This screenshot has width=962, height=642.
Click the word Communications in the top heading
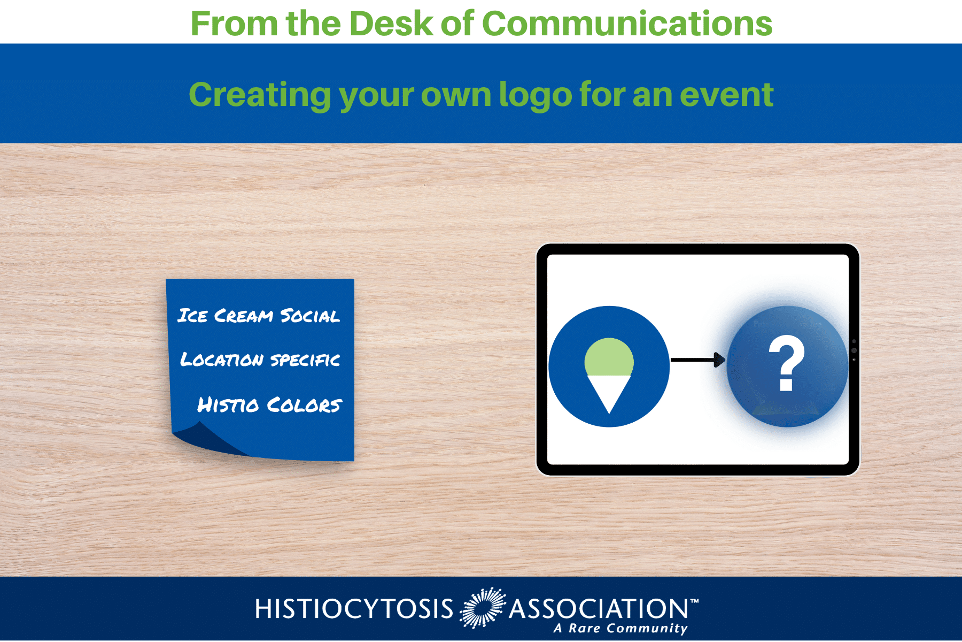[x=627, y=24]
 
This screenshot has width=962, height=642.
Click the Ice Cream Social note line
[x=259, y=316]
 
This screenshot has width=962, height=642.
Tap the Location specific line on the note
[x=260, y=360]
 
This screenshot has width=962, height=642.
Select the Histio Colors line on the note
[x=269, y=405]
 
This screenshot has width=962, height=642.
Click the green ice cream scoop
[x=609, y=357]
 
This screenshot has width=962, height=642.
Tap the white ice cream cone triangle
[x=609, y=391]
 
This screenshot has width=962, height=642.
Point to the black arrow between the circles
[x=698, y=360]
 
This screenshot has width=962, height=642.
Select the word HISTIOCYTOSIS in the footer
[x=354, y=609]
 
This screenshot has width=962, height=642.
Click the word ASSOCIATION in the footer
[x=599, y=609]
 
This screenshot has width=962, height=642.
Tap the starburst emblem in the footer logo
[x=483, y=608]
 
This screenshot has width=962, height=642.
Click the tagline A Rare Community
[x=620, y=629]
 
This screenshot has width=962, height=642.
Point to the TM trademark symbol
[x=694, y=601]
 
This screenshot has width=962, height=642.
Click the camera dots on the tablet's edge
[x=854, y=350]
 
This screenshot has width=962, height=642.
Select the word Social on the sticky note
[x=310, y=316]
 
